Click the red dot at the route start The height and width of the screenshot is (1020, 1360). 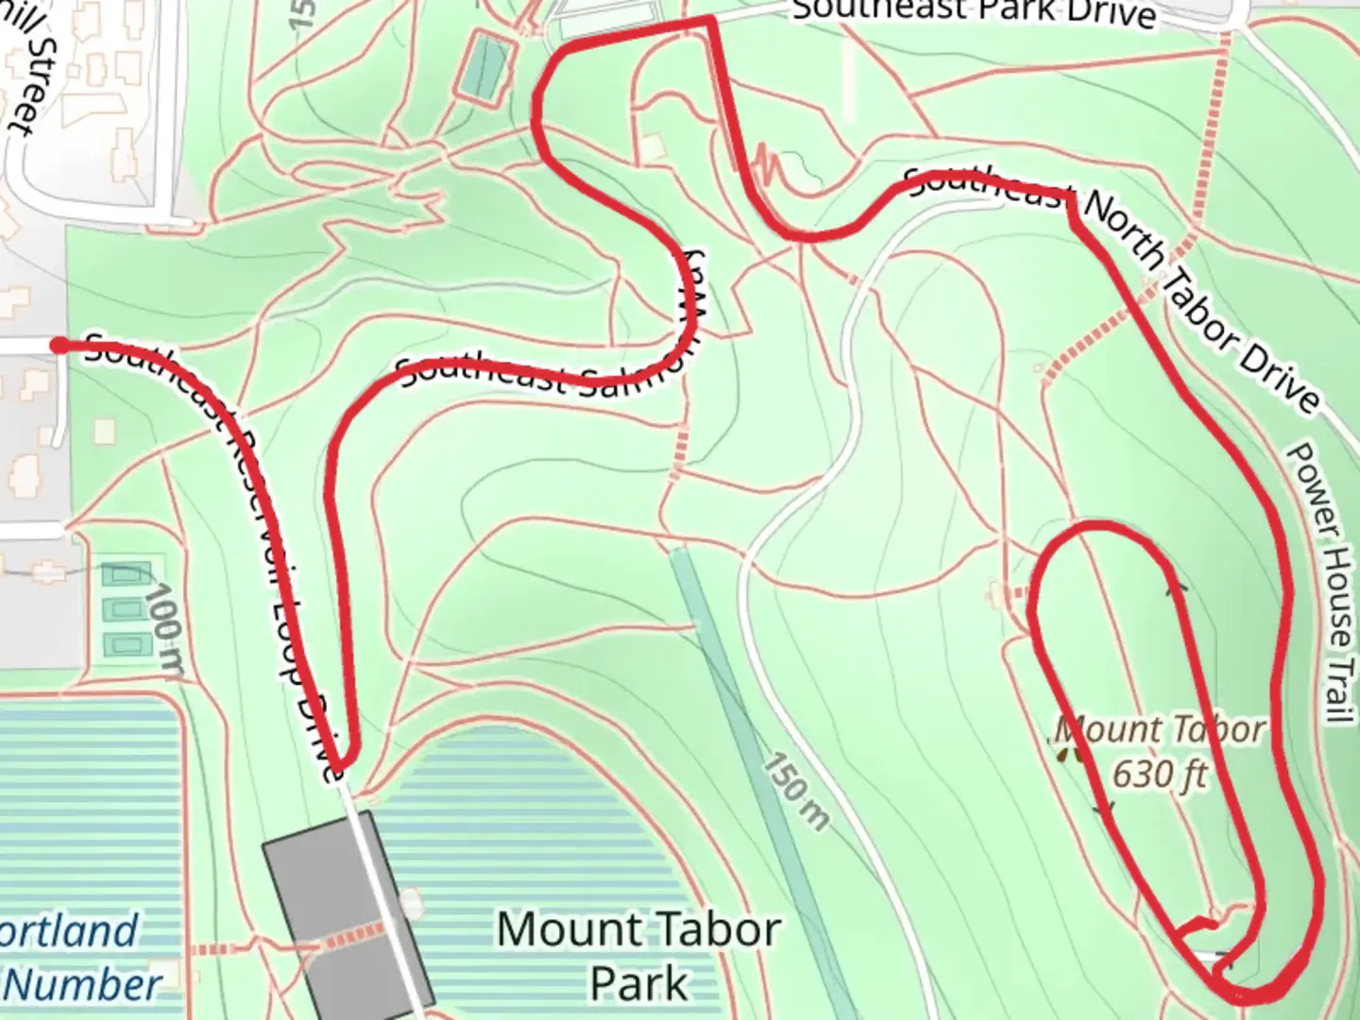pyautogui.click(x=59, y=346)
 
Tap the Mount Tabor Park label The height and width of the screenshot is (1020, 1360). pyautogui.click(x=638, y=956)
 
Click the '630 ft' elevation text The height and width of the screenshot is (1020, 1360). pyautogui.click(x=1160, y=773)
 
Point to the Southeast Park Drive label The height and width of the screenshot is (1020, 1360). pyautogui.click(x=973, y=11)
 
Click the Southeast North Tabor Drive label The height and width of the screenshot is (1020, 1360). pyautogui.click(x=1114, y=283)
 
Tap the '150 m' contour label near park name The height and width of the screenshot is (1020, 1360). pyautogui.click(x=796, y=791)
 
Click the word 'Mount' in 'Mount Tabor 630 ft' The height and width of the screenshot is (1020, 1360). pyautogui.click(x=1108, y=730)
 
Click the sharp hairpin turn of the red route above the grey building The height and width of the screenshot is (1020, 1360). pyautogui.click(x=344, y=760)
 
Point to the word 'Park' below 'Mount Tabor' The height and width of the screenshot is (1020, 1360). pyautogui.click(x=638, y=982)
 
